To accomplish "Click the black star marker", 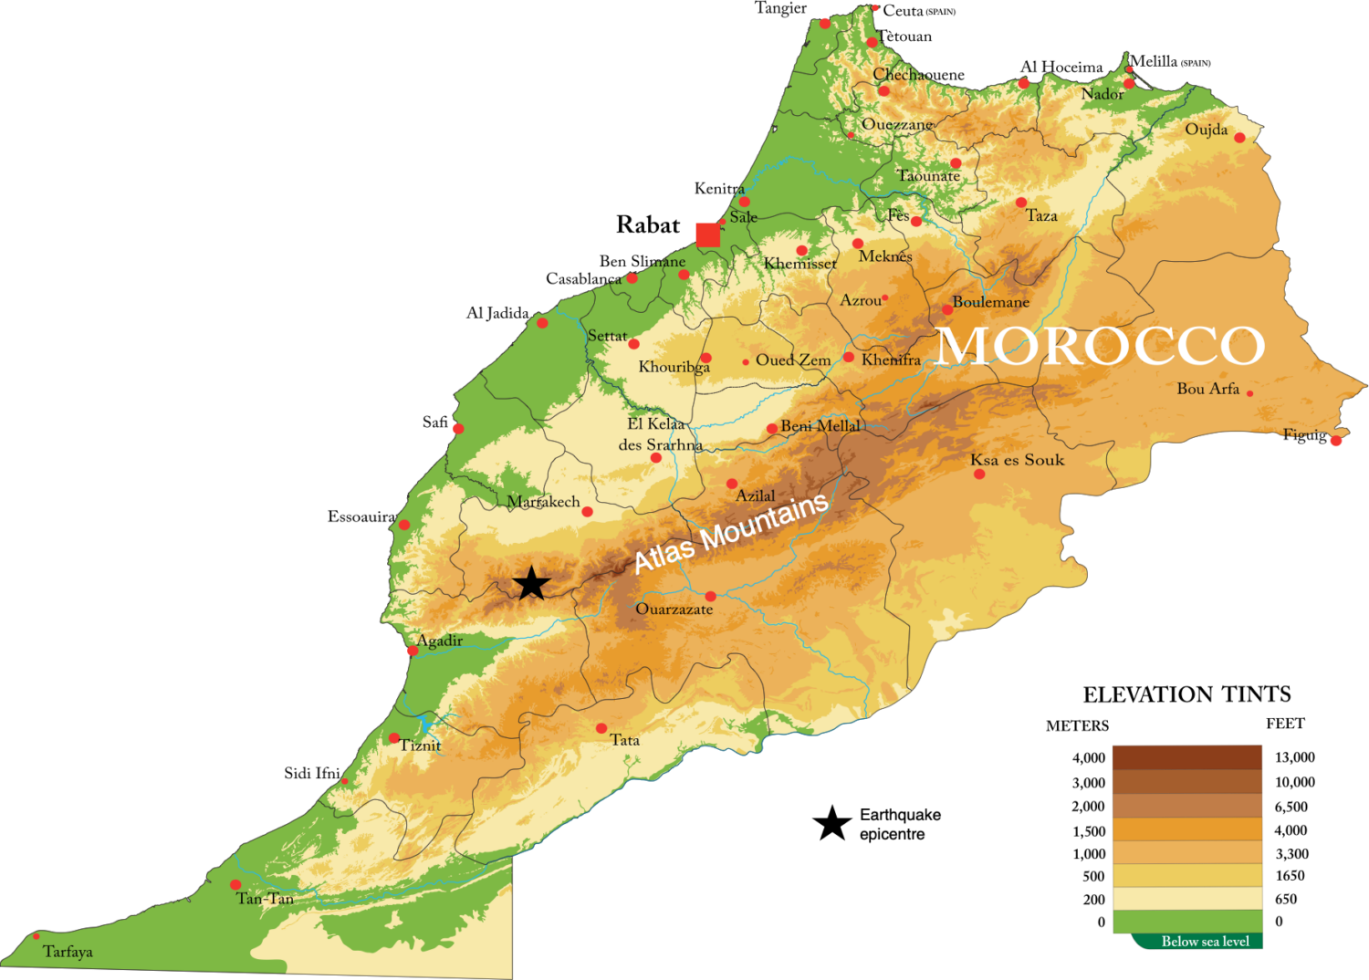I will (531, 583).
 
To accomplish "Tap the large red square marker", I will (707, 235).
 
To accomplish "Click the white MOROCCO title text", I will (1101, 347).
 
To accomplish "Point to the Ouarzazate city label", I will (674, 610).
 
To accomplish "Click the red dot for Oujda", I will (1239, 138).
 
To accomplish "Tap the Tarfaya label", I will (68, 952).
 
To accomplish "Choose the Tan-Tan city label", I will (265, 899).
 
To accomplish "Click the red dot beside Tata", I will (601, 728).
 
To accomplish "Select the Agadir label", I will (439, 641).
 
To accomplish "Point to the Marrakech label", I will (543, 502).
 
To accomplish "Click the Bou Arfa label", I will (1207, 389).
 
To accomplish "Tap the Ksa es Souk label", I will (1017, 460).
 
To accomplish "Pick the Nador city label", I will (1103, 94).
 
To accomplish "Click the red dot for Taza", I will (1021, 203).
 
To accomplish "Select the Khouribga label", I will (674, 367).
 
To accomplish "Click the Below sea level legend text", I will (1205, 942).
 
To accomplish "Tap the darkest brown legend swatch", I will (1186, 757).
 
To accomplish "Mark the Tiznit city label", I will (420, 745).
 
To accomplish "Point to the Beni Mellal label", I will (820, 426).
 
